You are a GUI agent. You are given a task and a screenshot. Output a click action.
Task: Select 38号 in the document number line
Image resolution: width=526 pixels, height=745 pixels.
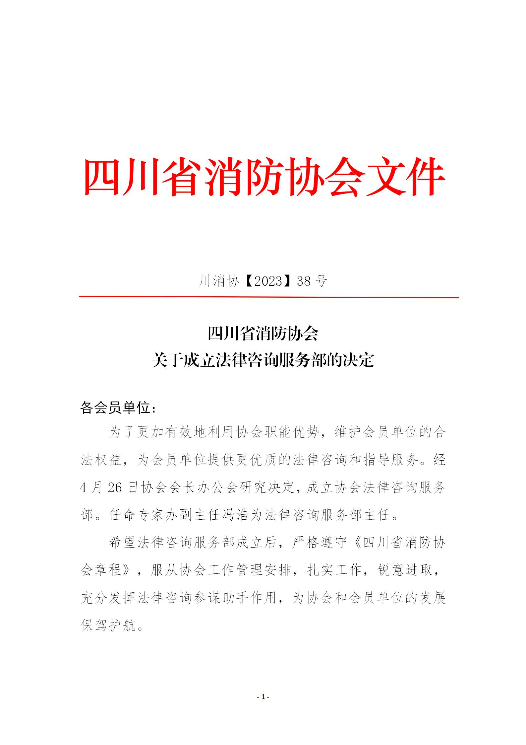coord(312,281)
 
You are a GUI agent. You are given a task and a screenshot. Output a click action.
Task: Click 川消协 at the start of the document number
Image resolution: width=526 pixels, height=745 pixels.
coord(218,281)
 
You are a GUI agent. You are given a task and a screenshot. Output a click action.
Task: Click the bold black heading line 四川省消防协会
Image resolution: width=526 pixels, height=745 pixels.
coord(263,334)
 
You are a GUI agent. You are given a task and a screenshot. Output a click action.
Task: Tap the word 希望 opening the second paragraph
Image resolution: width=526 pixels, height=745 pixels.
coord(122,543)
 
